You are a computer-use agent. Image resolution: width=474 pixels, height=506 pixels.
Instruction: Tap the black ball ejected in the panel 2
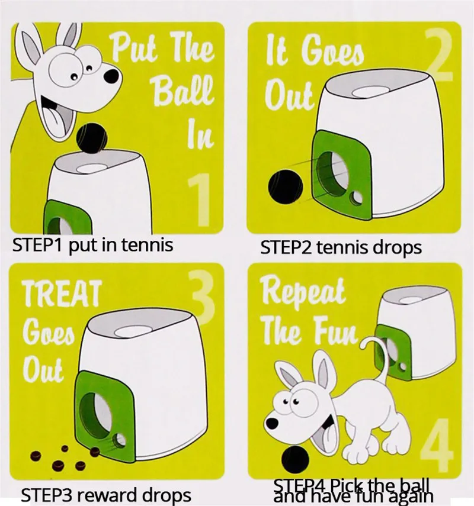tap(282, 188)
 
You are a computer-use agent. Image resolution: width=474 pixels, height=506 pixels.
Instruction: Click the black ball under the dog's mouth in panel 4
tap(294, 456)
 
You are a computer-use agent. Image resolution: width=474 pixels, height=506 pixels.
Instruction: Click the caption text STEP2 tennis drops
tap(341, 247)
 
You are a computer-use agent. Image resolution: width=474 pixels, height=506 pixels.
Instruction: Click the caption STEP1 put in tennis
tap(93, 244)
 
